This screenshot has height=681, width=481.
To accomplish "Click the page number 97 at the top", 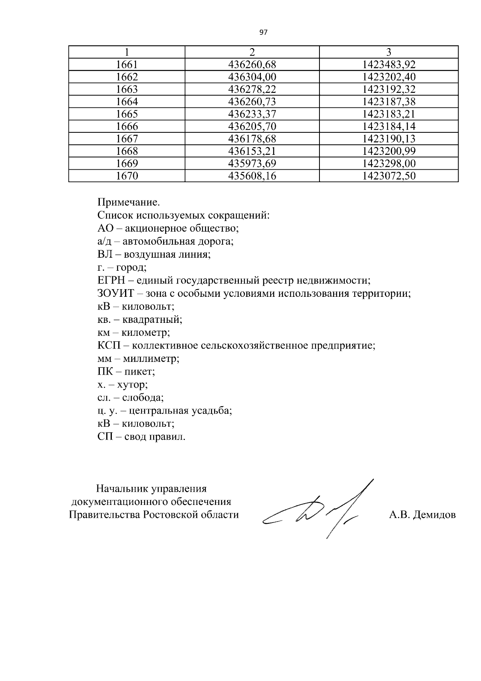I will (x=263, y=32).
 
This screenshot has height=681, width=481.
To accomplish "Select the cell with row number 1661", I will (x=127, y=65).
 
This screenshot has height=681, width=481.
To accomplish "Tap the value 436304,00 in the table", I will (x=252, y=77).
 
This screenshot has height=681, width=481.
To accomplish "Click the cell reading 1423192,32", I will (x=389, y=89).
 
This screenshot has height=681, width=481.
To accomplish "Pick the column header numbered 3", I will (x=388, y=52).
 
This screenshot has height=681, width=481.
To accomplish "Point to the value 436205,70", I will (x=252, y=127).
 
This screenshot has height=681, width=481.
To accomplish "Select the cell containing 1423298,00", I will (x=389, y=164).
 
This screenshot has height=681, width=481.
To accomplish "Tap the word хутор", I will (x=132, y=385).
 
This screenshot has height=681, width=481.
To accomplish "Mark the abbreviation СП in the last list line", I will (x=106, y=437).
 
